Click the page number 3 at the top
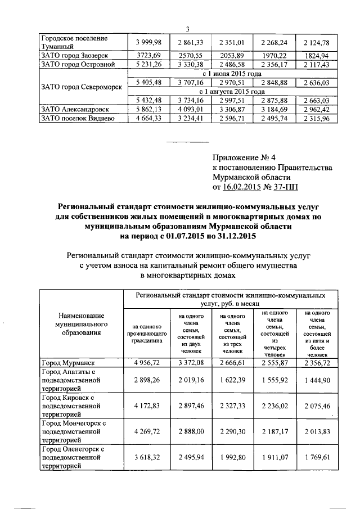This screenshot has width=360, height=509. point(187,29)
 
